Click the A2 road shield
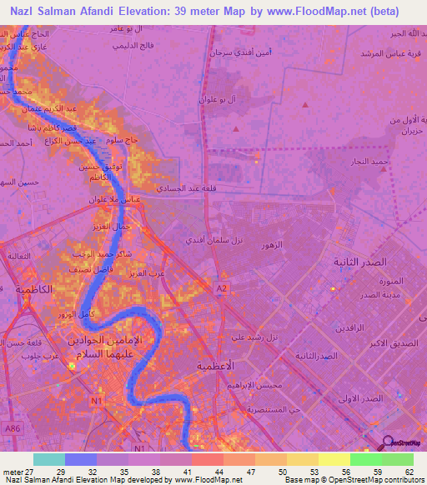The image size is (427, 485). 222,287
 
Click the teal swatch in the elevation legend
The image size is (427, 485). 49,459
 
